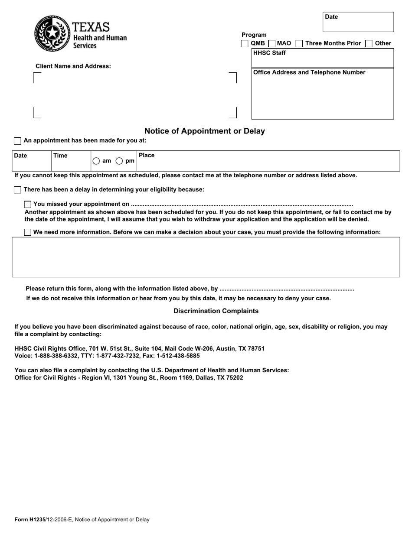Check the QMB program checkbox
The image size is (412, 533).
point(245,43)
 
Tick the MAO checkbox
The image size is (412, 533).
point(272,43)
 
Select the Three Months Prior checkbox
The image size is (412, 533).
point(299,43)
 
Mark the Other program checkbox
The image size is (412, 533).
point(369,43)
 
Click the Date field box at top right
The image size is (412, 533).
point(358,24)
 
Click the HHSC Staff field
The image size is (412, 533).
point(322,60)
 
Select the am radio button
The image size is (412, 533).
point(96,161)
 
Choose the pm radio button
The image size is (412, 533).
point(119,161)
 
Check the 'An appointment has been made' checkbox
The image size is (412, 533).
point(17,141)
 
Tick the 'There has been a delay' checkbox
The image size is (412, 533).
point(17,190)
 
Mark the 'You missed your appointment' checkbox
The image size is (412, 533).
point(28,204)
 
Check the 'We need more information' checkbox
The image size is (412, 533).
point(28,232)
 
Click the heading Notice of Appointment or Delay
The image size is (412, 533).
point(204,131)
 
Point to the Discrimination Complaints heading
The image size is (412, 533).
point(216,311)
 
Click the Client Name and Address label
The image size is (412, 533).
point(73,66)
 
